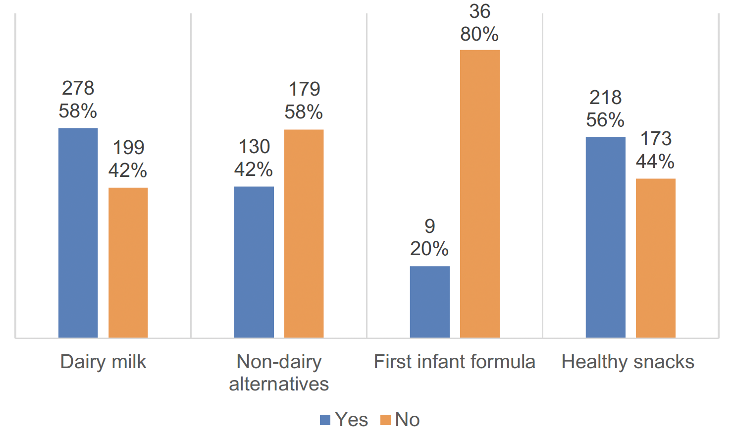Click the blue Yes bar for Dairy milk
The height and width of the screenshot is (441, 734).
[x=78, y=233]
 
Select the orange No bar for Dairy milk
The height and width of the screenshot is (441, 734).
[x=128, y=263]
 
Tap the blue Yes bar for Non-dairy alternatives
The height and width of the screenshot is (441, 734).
[x=254, y=262]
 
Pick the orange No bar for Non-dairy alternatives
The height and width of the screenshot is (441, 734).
[x=304, y=233]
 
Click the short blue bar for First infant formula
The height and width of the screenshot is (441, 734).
[x=430, y=302]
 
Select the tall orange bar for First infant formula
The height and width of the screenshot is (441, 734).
[x=479, y=194]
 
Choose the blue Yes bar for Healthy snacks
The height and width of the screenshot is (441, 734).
[x=605, y=237]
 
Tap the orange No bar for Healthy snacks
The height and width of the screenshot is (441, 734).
[x=655, y=258]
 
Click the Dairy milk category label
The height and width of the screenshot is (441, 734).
[x=103, y=362]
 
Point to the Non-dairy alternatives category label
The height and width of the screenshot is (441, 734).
[x=279, y=373]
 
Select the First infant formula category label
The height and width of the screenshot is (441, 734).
[x=454, y=362]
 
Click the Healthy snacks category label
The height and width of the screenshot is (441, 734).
[x=628, y=362]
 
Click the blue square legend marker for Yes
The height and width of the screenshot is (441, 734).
[x=325, y=420]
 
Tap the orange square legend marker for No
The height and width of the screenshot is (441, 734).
[x=385, y=420]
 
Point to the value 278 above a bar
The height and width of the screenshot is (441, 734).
[x=78, y=88]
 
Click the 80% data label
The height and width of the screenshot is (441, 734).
[x=479, y=34]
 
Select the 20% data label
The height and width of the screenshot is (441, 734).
[x=429, y=249]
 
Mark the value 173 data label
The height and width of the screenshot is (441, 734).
[x=656, y=139]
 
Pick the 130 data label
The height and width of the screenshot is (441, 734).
[x=254, y=147]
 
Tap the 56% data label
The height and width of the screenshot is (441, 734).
[x=605, y=120]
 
